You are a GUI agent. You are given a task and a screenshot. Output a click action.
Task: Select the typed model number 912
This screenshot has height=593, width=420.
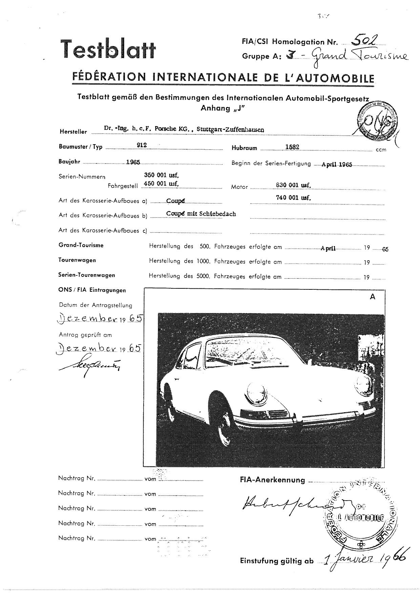(x=142, y=145)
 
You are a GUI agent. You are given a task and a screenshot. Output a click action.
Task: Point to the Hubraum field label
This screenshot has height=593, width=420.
(x=244, y=148)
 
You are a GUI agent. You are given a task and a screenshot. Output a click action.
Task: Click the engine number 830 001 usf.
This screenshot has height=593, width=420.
(x=294, y=185)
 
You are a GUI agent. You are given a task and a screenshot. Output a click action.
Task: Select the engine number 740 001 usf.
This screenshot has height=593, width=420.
(x=294, y=198)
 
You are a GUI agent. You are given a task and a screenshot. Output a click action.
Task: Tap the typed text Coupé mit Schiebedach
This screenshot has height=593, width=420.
(x=201, y=214)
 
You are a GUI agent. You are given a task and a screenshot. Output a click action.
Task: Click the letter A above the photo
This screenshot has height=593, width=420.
(x=373, y=297)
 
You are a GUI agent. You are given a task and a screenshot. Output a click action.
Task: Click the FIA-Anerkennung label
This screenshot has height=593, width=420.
(x=272, y=480)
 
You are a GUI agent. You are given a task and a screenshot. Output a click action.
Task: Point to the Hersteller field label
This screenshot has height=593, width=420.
(x=73, y=132)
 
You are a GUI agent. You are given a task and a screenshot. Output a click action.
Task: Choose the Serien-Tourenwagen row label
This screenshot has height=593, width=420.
(x=86, y=275)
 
